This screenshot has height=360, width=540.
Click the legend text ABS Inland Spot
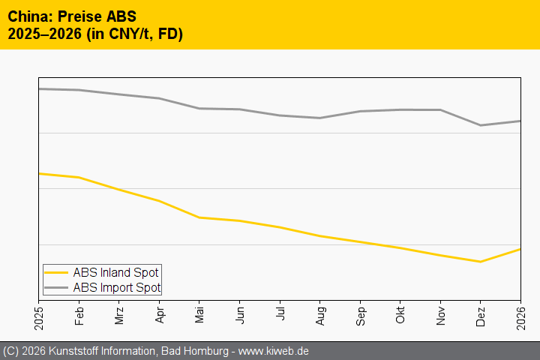point(115,272)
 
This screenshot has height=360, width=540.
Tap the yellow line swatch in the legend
point(56,272)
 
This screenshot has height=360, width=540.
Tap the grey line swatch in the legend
point(56,287)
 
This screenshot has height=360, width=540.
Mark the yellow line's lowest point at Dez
point(481,262)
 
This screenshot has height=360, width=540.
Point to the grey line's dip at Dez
point(481,125)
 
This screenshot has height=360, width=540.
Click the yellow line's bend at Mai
point(199,217)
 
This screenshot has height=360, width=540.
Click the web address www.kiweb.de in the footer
point(273,351)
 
